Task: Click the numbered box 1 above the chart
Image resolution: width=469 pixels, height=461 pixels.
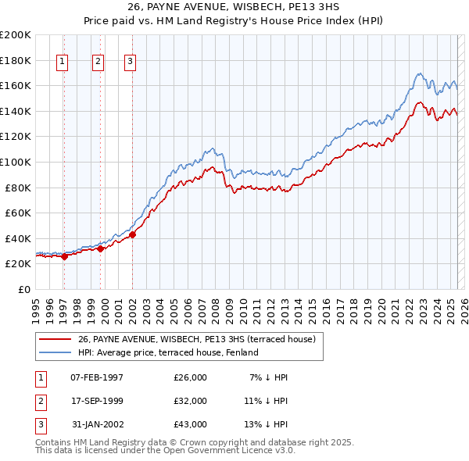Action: click(62, 63)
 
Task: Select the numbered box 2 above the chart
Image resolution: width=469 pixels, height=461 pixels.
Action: click(98, 63)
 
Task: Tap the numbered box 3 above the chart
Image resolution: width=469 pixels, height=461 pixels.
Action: click(130, 63)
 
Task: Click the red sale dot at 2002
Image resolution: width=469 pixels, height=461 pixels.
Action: click(133, 234)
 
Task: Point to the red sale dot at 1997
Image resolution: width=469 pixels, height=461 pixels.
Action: click(64, 256)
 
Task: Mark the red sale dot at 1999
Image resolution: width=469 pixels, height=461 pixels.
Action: click(101, 248)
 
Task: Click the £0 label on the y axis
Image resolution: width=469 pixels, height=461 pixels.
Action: click(23, 289)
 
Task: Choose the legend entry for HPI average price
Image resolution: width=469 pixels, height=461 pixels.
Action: click(168, 352)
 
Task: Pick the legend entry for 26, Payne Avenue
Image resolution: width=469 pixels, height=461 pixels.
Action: click(196, 339)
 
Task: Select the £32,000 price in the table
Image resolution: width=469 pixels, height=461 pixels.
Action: click(190, 401)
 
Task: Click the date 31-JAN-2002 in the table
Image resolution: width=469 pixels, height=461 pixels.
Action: click(97, 424)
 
